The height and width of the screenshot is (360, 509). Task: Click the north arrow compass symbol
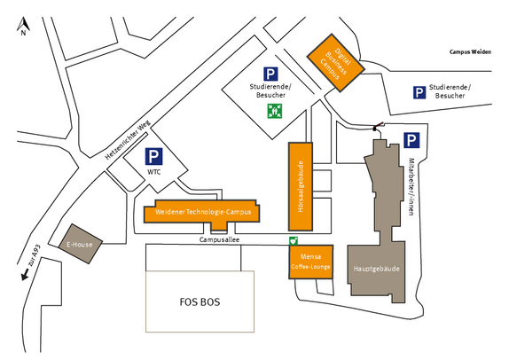23,26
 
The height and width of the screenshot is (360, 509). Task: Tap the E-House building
81,244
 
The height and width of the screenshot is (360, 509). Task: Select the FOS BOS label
200,302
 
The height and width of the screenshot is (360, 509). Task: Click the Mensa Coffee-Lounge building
311,262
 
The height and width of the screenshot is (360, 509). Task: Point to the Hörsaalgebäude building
301,186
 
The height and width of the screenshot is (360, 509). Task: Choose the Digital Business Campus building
336,63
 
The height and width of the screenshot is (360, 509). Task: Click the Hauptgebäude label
376,269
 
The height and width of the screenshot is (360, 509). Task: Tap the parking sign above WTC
154,156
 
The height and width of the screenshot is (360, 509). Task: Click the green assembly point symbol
275,111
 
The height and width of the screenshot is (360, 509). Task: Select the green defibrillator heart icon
294,241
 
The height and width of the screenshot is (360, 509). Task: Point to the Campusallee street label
219,239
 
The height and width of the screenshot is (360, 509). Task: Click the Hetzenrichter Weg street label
128,140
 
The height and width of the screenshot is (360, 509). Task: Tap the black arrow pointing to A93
25,275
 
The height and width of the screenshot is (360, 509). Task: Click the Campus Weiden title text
470,52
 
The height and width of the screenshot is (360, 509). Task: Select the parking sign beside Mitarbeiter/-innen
411,140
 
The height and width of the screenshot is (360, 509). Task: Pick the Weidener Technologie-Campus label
203,212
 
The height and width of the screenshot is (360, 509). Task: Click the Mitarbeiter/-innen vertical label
411,186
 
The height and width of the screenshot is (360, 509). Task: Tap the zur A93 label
35,255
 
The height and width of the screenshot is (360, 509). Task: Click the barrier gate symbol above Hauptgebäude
378,126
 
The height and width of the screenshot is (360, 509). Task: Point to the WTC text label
154,172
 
